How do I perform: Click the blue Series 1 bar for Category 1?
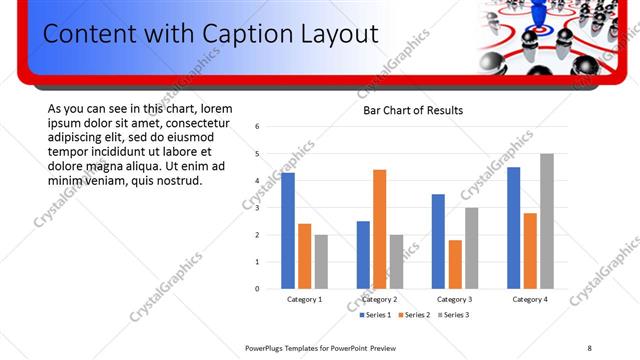coord(288,231)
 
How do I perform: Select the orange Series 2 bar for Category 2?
coord(379,229)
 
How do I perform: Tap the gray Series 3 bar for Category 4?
coord(546,221)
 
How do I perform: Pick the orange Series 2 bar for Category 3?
coord(455,264)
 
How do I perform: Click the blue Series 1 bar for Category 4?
coord(513,228)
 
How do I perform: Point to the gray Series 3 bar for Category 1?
coord(321,262)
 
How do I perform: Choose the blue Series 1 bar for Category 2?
coord(363,255)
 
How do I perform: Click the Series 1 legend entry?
coord(376,315)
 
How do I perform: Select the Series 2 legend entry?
coord(413,315)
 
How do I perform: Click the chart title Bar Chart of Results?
coord(413,110)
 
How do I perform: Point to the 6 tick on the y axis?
coord(258,127)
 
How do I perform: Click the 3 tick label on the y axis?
coord(258,208)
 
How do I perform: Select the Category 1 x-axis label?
coord(304,299)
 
